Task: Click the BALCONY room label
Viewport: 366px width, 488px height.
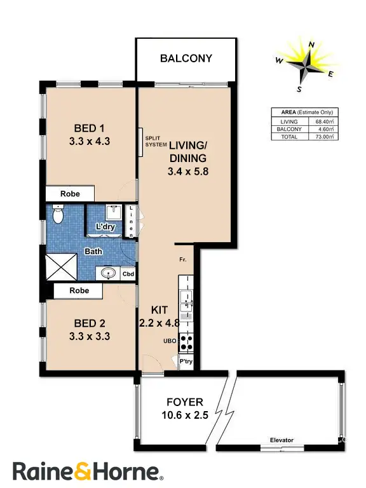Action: (x=186, y=58)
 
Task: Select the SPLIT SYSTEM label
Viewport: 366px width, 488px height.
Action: (x=155, y=141)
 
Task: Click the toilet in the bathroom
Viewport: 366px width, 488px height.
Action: (x=58, y=215)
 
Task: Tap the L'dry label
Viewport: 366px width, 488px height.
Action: (x=105, y=227)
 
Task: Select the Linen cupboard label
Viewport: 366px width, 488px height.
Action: (x=132, y=222)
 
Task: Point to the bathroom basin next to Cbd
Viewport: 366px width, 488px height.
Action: (x=110, y=274)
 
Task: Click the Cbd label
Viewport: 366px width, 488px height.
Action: (x=128, y=274)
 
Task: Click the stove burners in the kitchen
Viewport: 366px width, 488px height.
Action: (x=187, y=343)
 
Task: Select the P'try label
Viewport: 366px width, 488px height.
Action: (x=186, y=362)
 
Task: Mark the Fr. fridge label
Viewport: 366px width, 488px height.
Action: (x=182, y=261)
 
